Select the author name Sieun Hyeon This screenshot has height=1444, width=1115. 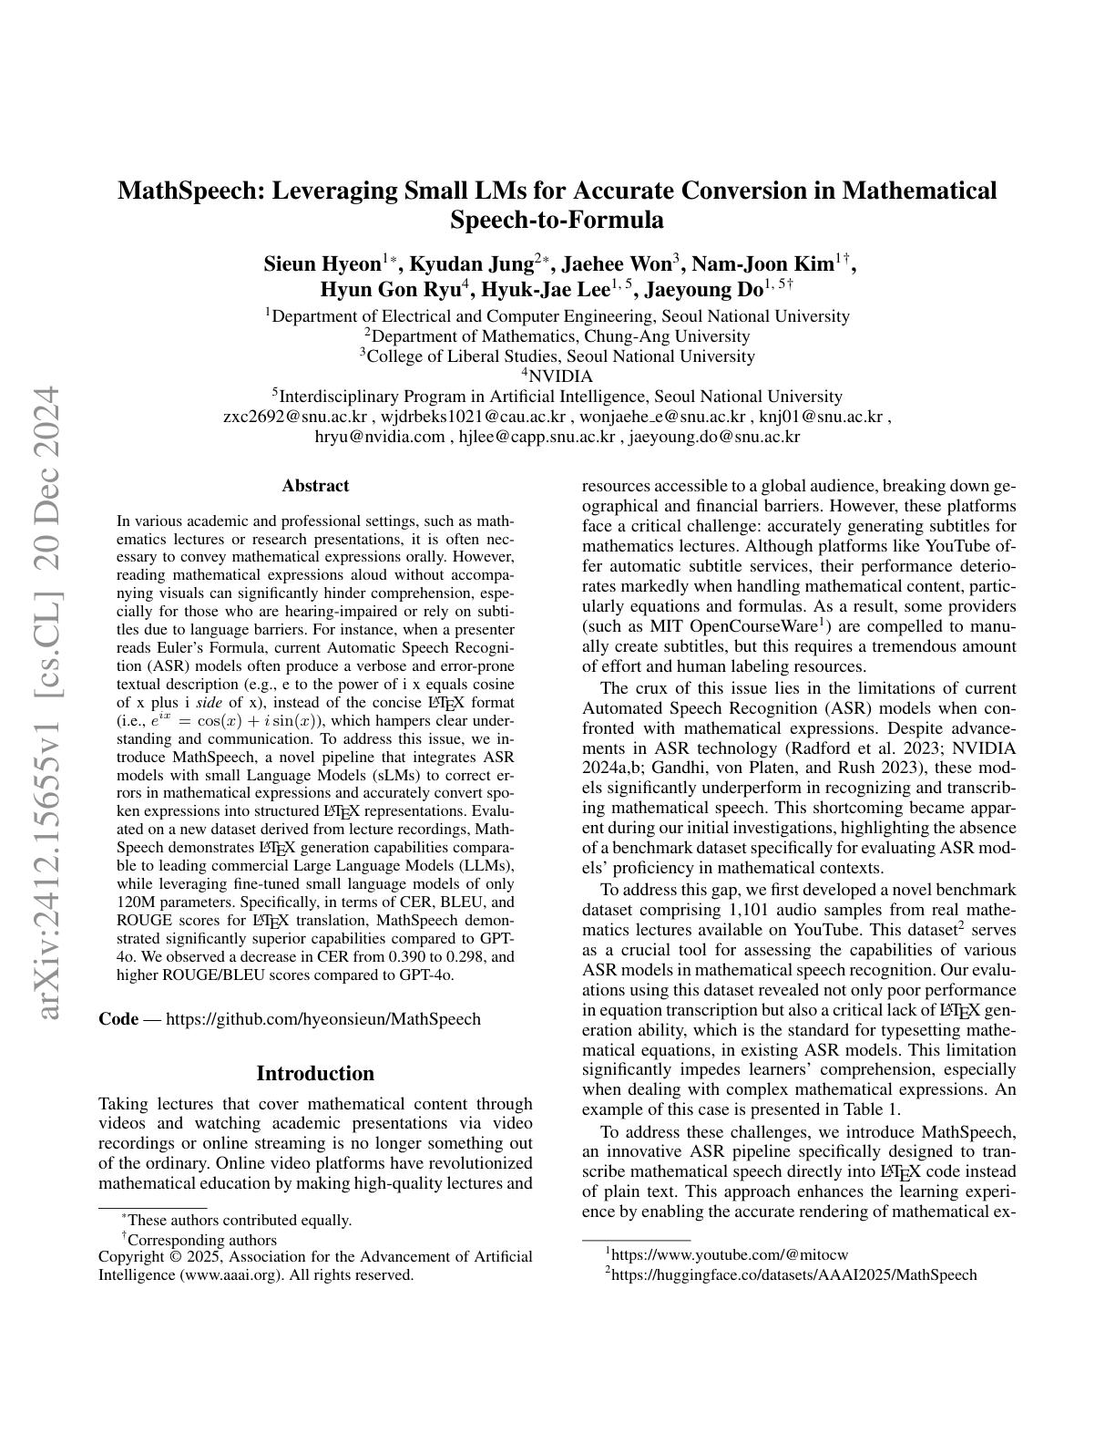[322, 265]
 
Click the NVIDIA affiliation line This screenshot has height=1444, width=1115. [557, 376]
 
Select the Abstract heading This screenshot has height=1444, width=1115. [315, 486]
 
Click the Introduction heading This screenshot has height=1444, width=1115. [315, 1073]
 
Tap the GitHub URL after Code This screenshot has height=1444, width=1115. [323, 1019]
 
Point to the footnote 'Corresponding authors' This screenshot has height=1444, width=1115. [201, 1240]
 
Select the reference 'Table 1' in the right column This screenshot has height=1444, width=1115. [872, 1109]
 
